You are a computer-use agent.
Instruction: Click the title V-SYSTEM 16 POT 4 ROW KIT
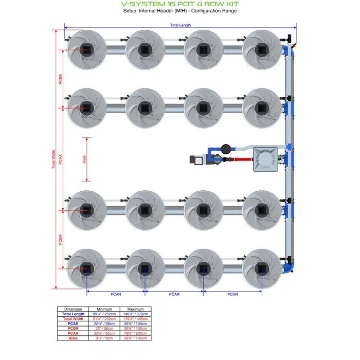click(180, 4)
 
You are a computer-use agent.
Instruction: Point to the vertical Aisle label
click(84, 159)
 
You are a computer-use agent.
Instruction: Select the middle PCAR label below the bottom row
click(174, 294)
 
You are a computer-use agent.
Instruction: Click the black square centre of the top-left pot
click(86, 49)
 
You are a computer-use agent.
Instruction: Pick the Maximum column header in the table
click(135, 309)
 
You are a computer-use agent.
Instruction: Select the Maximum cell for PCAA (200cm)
click(135, 333)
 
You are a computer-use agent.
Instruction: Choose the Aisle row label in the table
click(74, 338)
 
